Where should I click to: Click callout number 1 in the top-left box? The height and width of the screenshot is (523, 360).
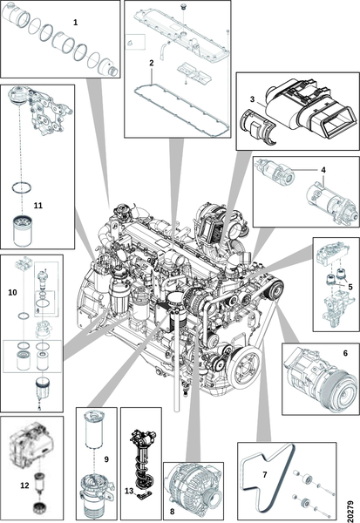[76, 23]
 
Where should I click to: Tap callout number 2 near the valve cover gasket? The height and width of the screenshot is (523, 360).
[152, 63]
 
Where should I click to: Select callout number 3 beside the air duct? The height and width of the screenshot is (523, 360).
[252, 99]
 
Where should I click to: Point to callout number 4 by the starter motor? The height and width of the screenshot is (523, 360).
[323, 170]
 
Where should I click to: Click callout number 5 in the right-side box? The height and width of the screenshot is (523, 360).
[350, 287]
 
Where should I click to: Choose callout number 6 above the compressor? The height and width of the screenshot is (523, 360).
[345, 353]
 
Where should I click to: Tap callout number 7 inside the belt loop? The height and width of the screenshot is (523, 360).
[265, 474]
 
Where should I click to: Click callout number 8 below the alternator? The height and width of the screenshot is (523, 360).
[173, 512]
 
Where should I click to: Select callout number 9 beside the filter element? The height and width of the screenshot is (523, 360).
[106, 459]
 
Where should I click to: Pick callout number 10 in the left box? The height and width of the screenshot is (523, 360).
[13, 293]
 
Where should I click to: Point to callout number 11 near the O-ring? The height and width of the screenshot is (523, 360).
[38, 206]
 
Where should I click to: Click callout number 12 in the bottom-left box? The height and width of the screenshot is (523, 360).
[25, 486]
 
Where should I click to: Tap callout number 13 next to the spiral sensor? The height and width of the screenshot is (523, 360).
[129, 491]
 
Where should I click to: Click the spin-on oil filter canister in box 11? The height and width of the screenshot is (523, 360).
[23, 231]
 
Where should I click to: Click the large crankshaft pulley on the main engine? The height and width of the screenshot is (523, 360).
[245, 367]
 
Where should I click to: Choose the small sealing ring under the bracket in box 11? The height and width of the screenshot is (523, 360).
[22, 187]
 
